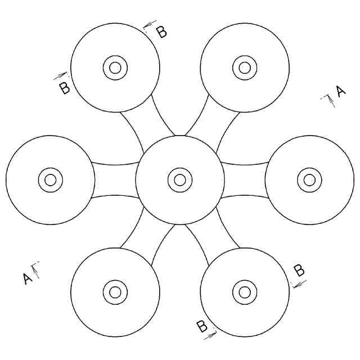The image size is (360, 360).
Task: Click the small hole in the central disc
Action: coord(180,180)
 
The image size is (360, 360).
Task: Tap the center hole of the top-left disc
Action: coord(115,68)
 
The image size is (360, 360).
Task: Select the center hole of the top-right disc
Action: coord(245,68)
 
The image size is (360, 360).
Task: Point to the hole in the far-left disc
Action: coord(51,180)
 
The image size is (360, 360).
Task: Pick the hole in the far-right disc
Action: coord(309,180)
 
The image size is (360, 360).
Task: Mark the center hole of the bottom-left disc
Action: coord(115,292)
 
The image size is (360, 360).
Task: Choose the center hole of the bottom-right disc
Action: coord(245,292)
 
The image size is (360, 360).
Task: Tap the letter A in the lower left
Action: coord(26,278)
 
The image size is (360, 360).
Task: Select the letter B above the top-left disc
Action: coord(161,32)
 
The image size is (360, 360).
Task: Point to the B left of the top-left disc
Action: coord(65,88)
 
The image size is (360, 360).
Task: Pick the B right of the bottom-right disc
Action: coord(300,271)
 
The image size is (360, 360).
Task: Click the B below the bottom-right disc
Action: coord(201,326)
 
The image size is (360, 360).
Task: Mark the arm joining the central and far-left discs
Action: coord(115,180)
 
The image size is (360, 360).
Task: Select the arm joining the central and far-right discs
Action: coord(245,180)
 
